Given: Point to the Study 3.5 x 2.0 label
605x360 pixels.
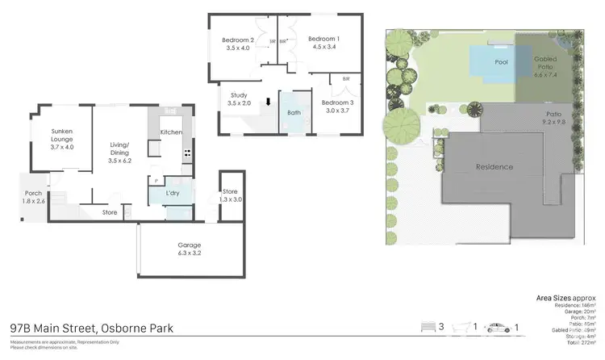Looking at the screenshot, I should [x=239, y=99].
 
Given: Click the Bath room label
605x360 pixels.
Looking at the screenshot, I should [x=294, y=112].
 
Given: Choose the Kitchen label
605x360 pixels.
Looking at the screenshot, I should [x=171, y=132].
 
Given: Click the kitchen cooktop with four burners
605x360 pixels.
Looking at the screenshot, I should [x=187, y=153].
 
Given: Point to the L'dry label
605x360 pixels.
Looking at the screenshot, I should [x=172, y=194].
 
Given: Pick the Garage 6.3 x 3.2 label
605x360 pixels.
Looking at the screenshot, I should [x=190, y=249].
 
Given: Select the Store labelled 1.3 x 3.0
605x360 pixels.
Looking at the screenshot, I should [x=230, y=196].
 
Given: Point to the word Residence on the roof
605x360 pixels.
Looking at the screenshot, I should [x=494, y=167].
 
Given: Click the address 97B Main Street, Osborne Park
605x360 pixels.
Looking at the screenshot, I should [x=91, y=329].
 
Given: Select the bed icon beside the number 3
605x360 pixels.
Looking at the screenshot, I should [x=428, y=326].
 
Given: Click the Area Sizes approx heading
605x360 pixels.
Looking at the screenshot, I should [x=565, y=298].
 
